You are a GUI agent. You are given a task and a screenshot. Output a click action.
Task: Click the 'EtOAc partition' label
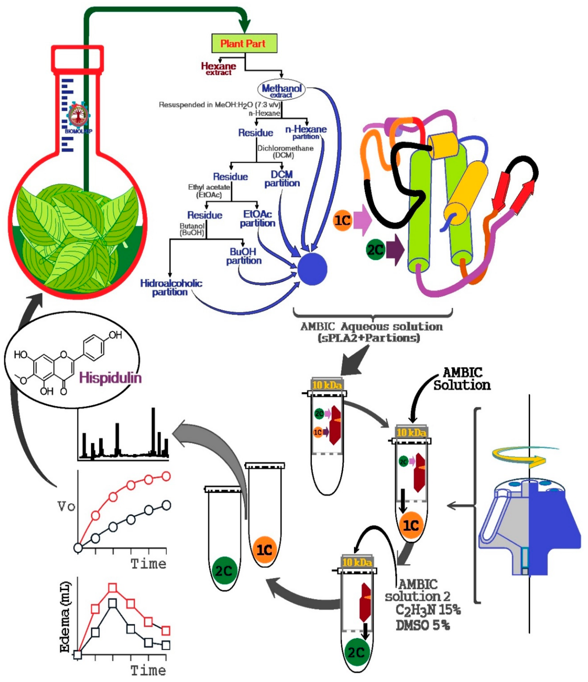coord(257,218)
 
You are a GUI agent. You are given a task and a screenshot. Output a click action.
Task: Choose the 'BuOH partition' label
coord(244,256)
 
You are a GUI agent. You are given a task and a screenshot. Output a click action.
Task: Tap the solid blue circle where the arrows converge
coord(312,269)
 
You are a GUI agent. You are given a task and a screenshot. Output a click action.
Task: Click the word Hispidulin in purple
coord(110,377)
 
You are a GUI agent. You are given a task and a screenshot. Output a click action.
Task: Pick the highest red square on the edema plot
coord(113,588)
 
